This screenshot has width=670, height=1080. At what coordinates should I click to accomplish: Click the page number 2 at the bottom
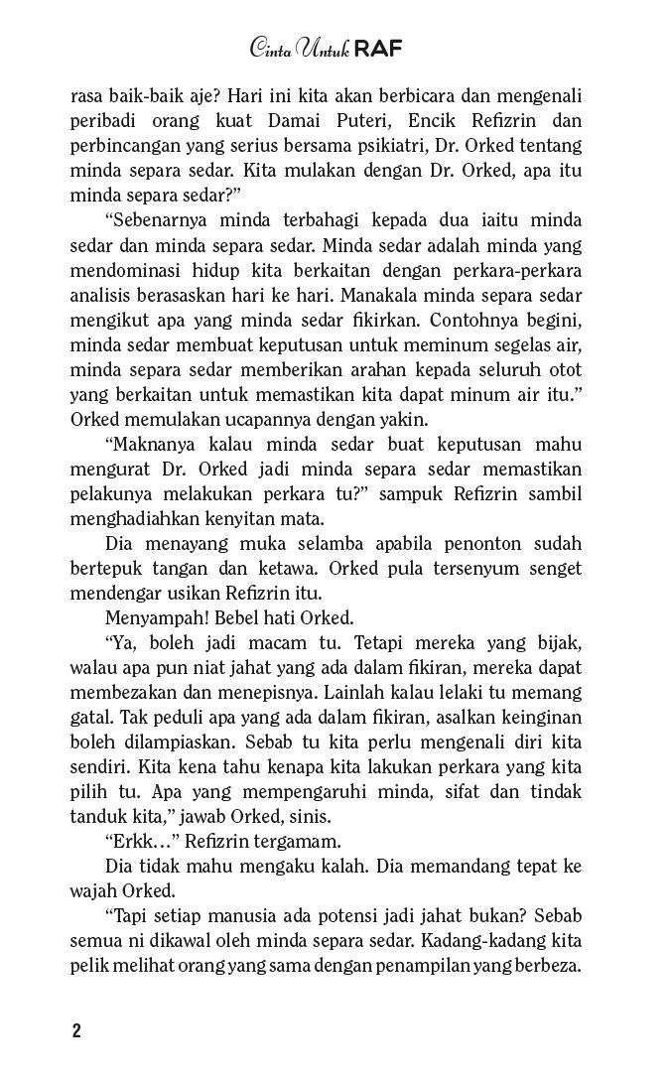click(75, 1029)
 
